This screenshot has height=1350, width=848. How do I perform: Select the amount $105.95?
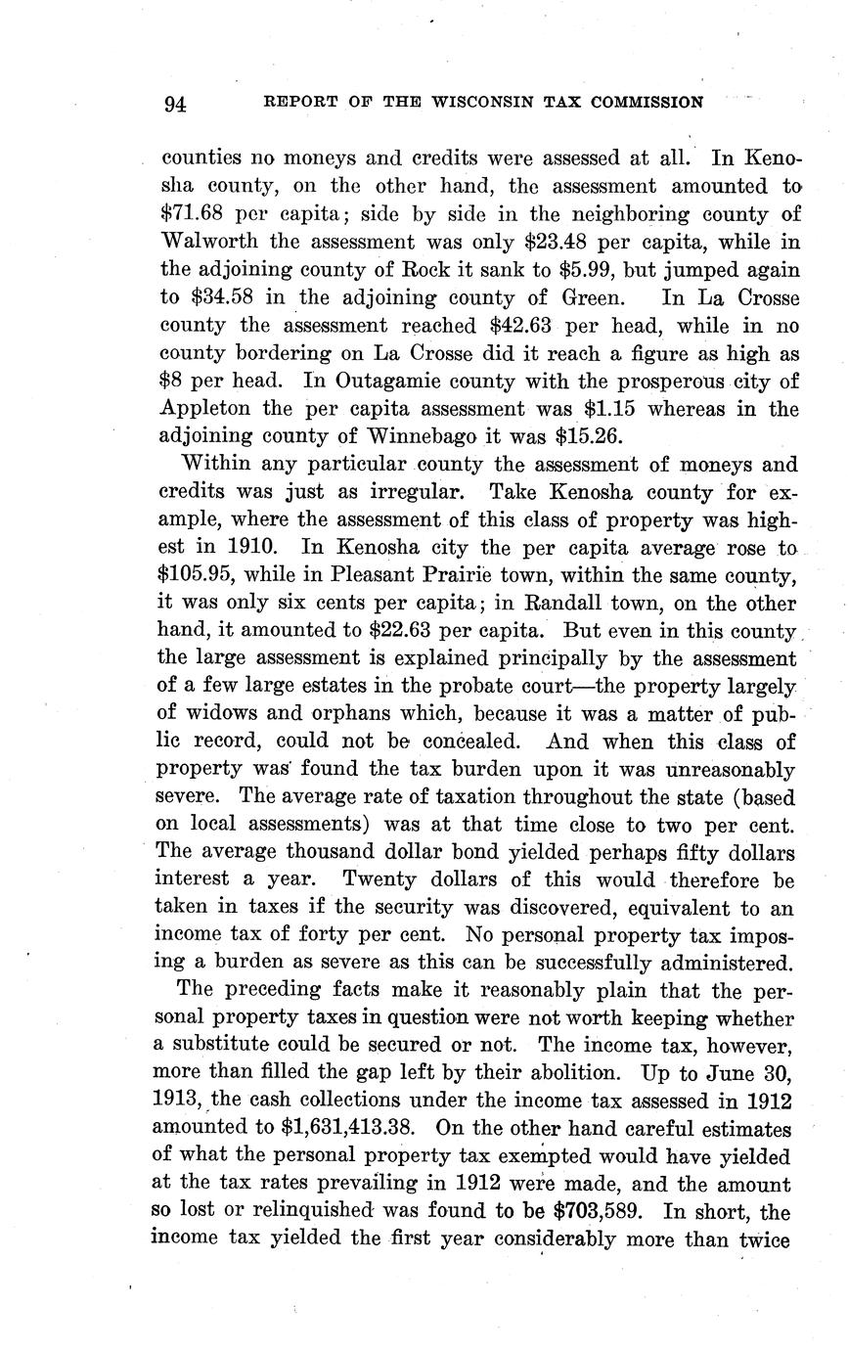click(x=199, y=575)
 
